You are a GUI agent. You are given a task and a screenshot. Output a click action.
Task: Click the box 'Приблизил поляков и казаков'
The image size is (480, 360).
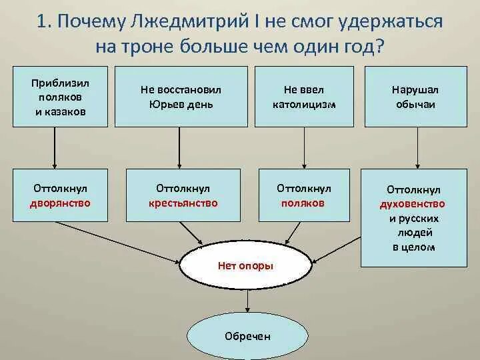pos(60,96)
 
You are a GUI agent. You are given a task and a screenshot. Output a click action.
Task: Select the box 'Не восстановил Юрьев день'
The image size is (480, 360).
pos(181,96)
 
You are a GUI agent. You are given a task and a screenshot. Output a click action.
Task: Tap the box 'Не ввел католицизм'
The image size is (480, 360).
pos(305,96)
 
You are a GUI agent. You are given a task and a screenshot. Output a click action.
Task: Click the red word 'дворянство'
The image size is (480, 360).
pos(60,203)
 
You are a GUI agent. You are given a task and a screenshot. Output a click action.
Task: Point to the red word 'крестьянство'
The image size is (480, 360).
pos(183,203)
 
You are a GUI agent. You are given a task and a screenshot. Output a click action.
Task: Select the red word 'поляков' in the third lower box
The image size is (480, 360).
pos(303,203)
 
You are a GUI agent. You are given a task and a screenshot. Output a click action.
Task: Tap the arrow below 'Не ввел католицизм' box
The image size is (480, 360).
pos(304,145)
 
